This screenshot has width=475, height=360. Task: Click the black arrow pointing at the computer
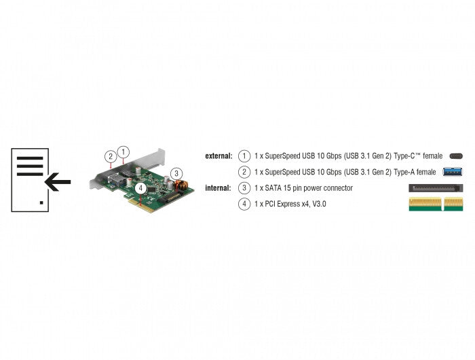pos(58,181)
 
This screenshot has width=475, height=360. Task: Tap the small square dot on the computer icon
pos(41,202)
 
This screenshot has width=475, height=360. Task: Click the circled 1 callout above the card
pos(123,152)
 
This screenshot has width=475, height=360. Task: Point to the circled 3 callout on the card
pos(176,173)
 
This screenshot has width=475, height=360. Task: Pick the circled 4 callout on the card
pos(140,187)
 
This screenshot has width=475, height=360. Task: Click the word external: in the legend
pos(218,156)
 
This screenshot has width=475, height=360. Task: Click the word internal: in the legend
pos(219,188)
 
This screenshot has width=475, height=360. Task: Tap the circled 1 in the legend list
pos(244,156)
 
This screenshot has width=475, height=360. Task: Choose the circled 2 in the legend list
pos(244,173)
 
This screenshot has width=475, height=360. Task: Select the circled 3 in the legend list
pos(244,188)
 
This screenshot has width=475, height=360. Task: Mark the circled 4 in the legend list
pos(244,204)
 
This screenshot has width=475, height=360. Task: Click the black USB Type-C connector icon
pos(455,156)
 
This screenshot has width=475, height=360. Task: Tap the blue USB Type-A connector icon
pos(453,172)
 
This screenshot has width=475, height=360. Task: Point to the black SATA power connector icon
pos(436,188)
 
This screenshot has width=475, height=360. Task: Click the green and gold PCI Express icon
pos(436,204)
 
